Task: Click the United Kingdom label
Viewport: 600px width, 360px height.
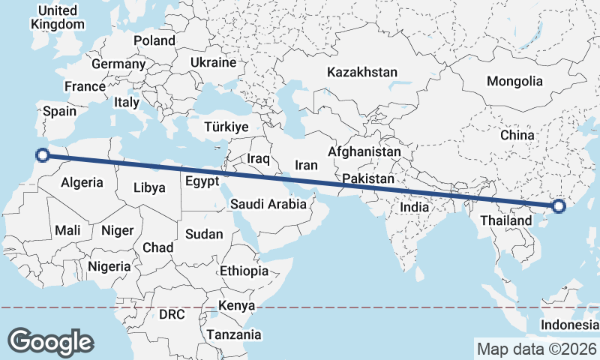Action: click(58, 17)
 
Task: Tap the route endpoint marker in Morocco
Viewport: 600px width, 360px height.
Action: click(43, 155)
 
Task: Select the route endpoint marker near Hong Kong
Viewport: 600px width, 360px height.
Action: click(558, 206)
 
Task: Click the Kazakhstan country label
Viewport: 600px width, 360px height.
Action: click(361, 72)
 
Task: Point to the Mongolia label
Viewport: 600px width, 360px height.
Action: click(514, 81)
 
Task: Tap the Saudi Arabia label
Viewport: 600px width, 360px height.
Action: click(268, 203)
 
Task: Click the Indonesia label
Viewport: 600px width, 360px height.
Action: click(570, 325)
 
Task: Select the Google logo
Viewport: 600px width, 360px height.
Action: click(50, 341)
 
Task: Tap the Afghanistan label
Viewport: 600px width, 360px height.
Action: click(364, 151)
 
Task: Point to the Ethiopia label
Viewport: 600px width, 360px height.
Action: click(244, 271)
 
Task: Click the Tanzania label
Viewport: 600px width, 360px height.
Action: click(234, 334)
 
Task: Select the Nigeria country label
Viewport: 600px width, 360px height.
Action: click(109, 265)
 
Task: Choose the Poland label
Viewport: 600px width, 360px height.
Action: click(154, 40)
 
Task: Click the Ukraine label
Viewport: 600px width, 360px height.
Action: click(214, 62)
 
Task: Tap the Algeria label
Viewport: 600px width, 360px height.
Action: click(81, 182)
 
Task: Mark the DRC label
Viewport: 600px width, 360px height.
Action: click(172, 314)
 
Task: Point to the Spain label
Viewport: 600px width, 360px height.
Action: click(60, 111)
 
